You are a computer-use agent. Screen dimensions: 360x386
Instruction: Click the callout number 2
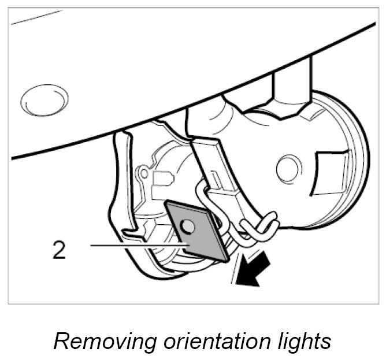coord(59,251)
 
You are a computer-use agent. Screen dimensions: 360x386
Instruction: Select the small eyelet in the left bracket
coord(144,172)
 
